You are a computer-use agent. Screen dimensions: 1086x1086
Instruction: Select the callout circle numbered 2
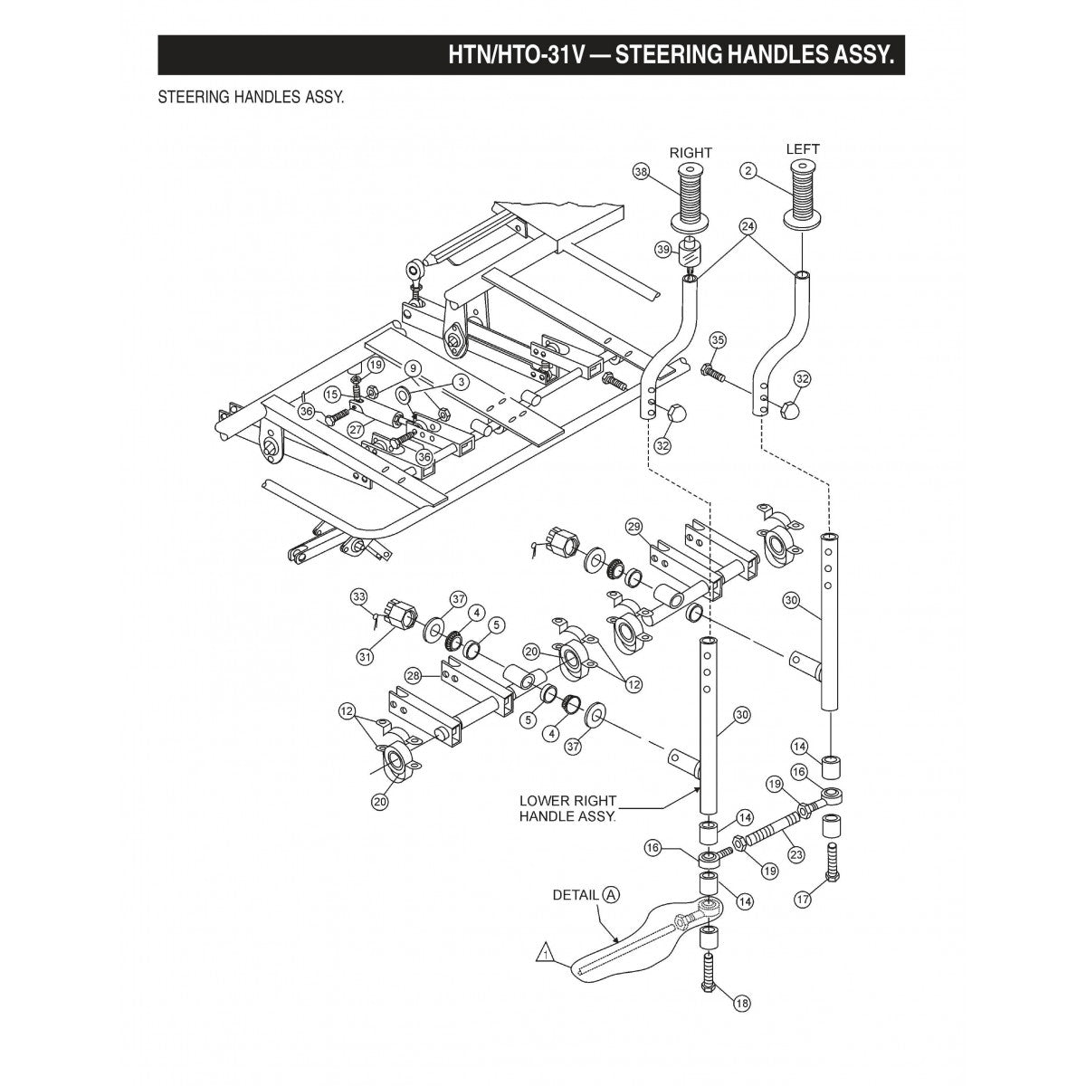pos(748,169)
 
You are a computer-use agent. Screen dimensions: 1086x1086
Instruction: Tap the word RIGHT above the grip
pos(691,153)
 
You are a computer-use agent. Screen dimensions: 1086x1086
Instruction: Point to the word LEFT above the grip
pos(803,149)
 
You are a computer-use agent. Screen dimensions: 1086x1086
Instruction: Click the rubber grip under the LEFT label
pos(803,193)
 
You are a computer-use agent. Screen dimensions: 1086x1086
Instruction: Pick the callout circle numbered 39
pos(663,249)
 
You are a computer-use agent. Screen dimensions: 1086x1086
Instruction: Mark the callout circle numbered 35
pos(718,340)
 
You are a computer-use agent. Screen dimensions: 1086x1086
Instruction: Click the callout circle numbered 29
pos(633,527)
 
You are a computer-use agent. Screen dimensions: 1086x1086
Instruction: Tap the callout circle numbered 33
pos(359,596)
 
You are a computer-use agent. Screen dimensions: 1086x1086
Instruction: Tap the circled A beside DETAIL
pos(611,894)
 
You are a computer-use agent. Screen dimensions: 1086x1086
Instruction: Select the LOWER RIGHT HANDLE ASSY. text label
pos(567,808)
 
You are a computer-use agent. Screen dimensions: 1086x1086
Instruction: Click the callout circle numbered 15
pos(332,394)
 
